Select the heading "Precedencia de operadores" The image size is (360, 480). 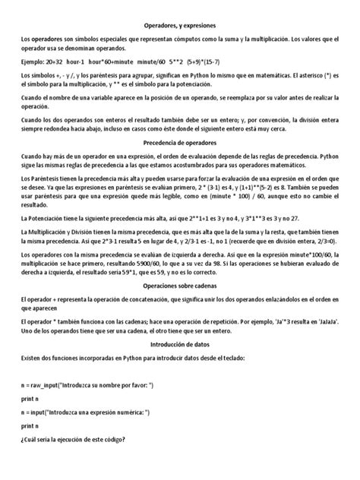point(180,141)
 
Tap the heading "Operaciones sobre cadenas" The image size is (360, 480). point(180,286)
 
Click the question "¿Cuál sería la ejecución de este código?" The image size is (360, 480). point(84,441)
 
